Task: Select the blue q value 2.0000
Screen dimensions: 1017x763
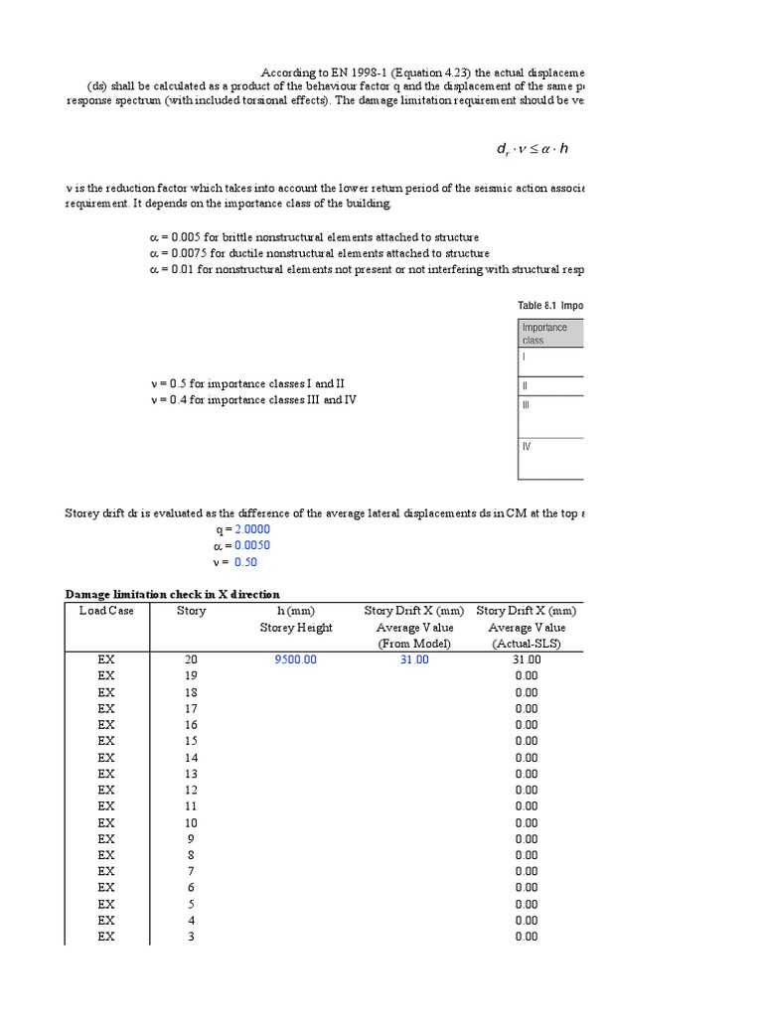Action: pos(250,529)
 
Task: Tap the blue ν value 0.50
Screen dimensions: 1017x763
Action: pos(245,562)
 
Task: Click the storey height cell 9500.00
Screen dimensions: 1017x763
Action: pos(295,659)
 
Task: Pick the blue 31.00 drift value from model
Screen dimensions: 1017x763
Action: pos(414,659)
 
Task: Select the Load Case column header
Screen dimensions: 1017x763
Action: pos(106,611)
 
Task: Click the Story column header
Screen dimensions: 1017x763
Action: pos(191,611)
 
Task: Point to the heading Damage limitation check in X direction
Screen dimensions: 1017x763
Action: pos(173,594)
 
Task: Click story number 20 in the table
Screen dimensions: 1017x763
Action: pos(191,659)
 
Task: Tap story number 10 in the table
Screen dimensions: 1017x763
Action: pos(191,822)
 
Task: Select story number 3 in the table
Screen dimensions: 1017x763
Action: pos(191,937)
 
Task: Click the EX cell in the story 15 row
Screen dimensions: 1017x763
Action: pos(106,741)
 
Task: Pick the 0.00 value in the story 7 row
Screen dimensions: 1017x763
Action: pos(527,871)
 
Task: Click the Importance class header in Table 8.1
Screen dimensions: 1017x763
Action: pos(544,333)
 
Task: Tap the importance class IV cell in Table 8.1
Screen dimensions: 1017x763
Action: pos(527,446)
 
